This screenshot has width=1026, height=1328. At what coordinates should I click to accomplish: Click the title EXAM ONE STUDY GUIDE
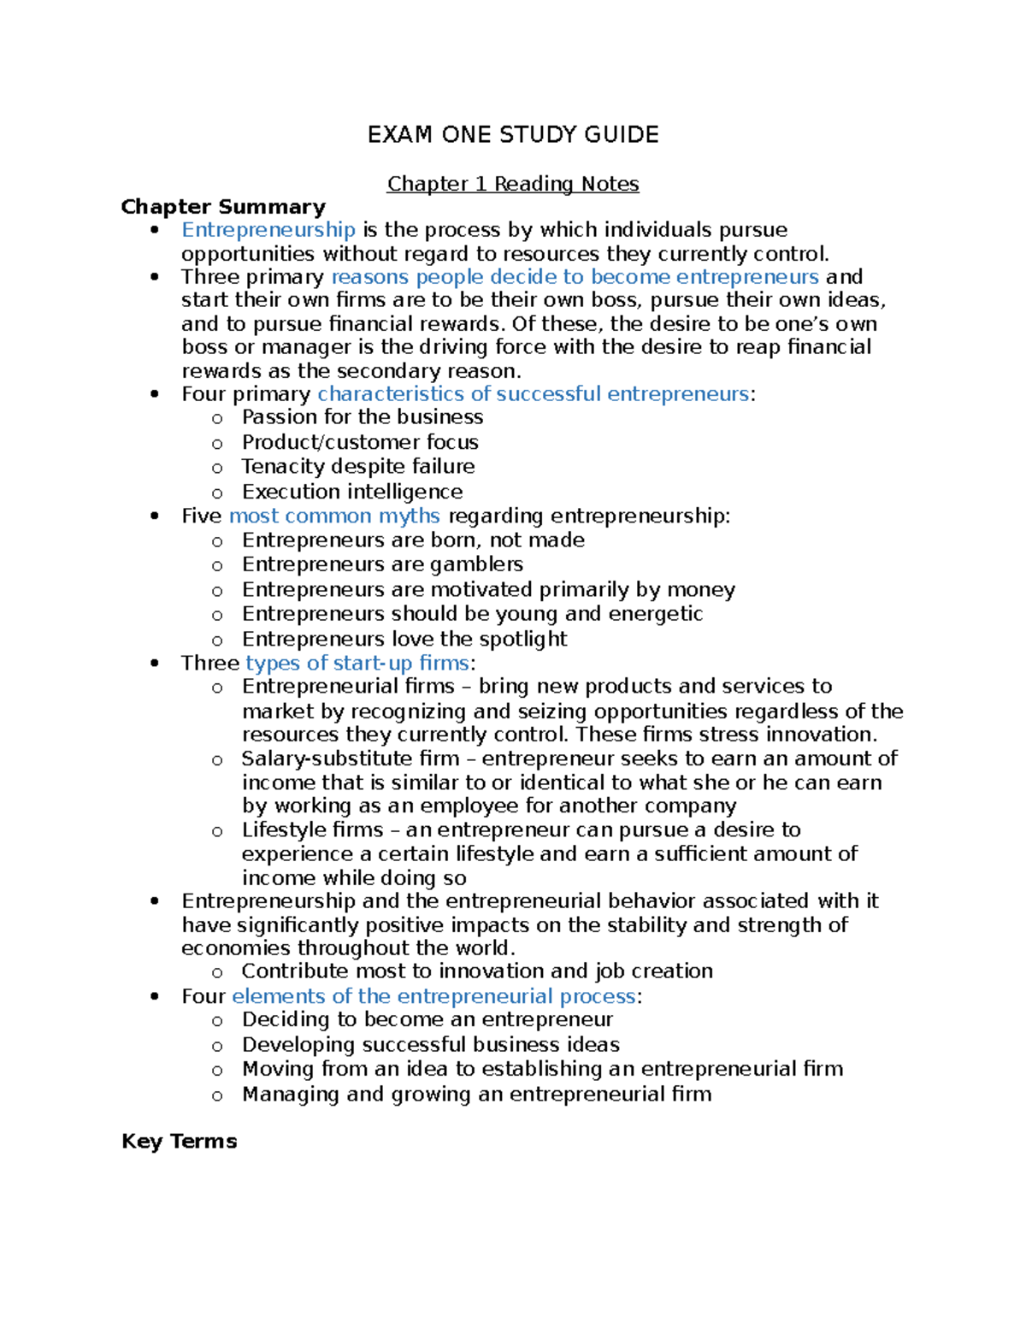pos(513,135)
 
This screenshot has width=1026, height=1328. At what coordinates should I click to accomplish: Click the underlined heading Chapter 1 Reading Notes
pos(513,184)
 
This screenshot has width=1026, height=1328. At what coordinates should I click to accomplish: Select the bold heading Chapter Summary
pos(223,207)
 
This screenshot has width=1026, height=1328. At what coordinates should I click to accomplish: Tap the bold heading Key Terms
pos(179,1142)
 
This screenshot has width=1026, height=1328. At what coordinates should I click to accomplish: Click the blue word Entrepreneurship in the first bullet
pos(268,230)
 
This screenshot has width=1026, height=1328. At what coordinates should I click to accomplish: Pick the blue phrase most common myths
pos(334,516)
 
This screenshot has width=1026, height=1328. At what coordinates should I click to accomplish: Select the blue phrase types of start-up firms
pos(357,663)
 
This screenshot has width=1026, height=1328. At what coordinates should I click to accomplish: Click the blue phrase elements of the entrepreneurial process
pos(433,996)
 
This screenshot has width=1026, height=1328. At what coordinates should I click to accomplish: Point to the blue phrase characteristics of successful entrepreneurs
pos(533,394)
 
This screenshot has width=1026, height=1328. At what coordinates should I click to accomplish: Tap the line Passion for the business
pos(363,417)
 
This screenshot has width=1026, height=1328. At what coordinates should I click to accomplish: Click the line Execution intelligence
pos(352,492)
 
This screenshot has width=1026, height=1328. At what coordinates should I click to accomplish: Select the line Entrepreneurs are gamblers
pos(382,564)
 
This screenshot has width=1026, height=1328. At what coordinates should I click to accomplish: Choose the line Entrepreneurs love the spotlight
pos(404,640)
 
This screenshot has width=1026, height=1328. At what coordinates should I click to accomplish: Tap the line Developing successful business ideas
pos(431,1045)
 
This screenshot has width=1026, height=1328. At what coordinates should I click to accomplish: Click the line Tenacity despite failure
pos(358,466)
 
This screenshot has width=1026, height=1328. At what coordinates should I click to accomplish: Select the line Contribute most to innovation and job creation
pos(477,971)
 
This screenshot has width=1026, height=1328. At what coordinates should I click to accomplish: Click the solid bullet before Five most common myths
pos(155,516)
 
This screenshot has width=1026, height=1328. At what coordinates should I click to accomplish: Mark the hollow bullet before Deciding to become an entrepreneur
pos(217,1021)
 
